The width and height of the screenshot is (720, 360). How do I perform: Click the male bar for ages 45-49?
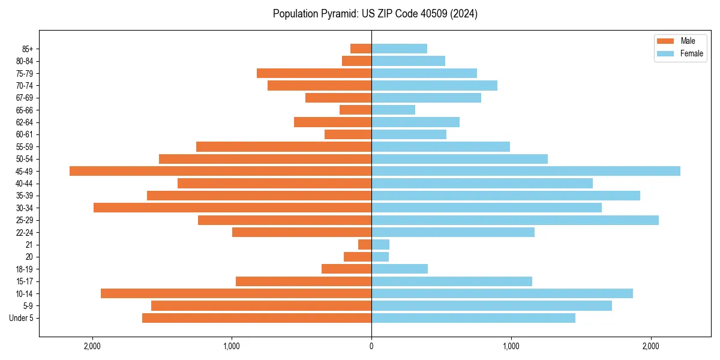click(x=220, y=171)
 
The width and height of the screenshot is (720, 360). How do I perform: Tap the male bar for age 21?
click(x=365, y=245)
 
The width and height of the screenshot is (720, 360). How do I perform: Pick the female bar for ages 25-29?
click(x=515, y=220)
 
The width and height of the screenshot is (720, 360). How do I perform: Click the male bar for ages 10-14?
click(x=236, y=293)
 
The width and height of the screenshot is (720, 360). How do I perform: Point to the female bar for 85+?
click(x=399, y=49)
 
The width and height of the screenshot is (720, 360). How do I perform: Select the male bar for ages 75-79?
click(x=314, y=73)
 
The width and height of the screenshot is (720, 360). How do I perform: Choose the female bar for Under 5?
click(x=473, y=318)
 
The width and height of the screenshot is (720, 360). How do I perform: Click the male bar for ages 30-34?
click(x=232, y=208)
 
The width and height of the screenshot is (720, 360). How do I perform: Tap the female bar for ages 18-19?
click(x=400, y=269)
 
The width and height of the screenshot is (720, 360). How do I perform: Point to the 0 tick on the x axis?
click(x=371, y=346)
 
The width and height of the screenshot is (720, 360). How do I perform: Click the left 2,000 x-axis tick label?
click(x=92, y=346)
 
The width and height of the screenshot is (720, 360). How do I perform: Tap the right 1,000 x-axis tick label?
click(x=511, y=346)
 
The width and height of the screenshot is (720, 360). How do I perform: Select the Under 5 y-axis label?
click(x=21, y=318)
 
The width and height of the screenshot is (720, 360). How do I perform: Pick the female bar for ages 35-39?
click(x=506, y=196)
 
